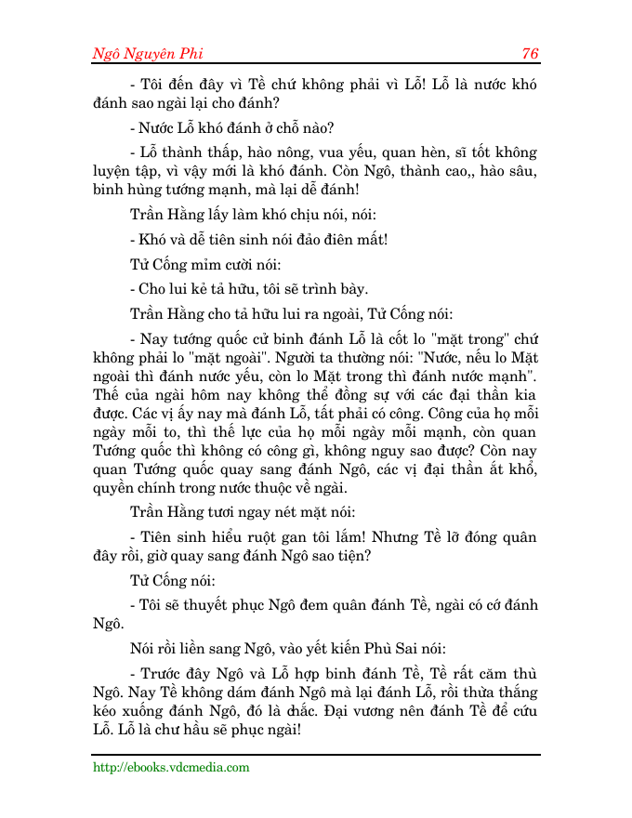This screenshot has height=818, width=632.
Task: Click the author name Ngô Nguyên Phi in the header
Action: coord(148,53)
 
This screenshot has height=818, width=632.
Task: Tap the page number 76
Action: coord(531,53)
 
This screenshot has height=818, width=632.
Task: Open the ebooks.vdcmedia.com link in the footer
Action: coord(171,768)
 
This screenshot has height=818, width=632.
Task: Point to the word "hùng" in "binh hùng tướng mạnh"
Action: coord(147,191)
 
